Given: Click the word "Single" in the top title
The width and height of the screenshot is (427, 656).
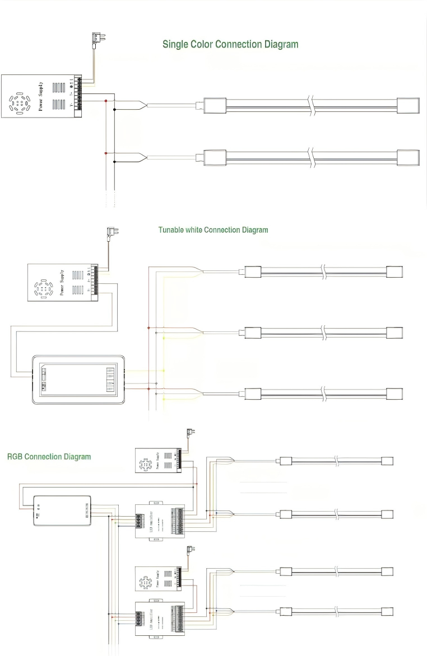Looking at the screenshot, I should tap(175, 44).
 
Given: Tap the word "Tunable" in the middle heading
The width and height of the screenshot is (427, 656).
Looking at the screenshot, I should tap(171, 230).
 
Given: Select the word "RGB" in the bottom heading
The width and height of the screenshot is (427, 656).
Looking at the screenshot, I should tap(15, 457).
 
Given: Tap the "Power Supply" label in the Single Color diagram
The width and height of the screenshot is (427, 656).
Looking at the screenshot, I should tap(40, 96).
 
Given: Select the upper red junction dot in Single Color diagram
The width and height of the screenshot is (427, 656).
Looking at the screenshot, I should tap(105, 101).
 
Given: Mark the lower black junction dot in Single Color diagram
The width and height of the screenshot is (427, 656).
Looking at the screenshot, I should tap(115, 162).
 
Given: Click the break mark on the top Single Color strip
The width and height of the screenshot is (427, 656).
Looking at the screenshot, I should tap(310, 105).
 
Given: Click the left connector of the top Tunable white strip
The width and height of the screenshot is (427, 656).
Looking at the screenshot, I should tap(250, 271).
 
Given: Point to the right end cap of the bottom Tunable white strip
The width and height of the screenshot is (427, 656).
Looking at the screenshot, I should tap(394, 392).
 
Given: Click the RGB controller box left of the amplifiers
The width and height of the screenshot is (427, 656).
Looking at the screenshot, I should tap(62, 509).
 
